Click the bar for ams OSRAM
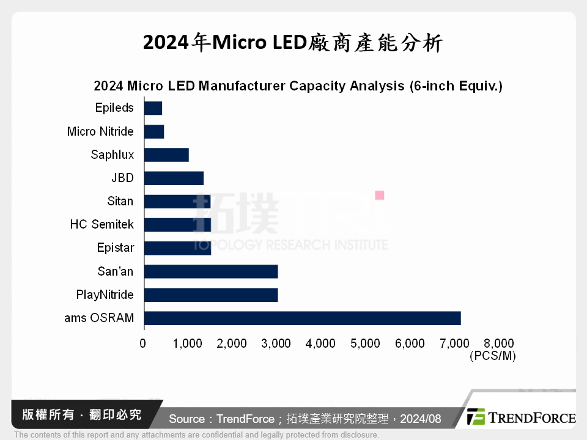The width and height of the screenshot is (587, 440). point(302,318)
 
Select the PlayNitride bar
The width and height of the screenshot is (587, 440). point(211,295)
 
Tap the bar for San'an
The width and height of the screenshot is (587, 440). point(211,271)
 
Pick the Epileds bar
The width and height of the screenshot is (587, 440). point(153,108)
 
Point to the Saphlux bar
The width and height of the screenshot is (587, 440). point(166,155)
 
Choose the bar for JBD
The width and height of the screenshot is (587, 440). point(174,178)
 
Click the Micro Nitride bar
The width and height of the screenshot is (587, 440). point(154,131)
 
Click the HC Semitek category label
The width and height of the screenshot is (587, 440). point(102,225)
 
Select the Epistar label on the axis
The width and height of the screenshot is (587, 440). point(115,248)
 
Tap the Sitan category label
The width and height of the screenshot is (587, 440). point(120,201)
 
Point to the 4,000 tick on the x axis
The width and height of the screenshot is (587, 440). point(321,343)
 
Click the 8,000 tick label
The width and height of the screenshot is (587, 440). point(499,343)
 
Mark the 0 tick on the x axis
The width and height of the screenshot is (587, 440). point(143,343)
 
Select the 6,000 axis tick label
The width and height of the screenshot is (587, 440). point(410,343)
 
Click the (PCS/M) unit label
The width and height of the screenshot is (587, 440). point(493,356)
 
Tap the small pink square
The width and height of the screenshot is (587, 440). point(379,195)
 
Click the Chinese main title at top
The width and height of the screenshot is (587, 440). point(293,43)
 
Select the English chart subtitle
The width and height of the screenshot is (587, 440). point(298,86)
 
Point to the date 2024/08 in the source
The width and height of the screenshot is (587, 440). point(421,419)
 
